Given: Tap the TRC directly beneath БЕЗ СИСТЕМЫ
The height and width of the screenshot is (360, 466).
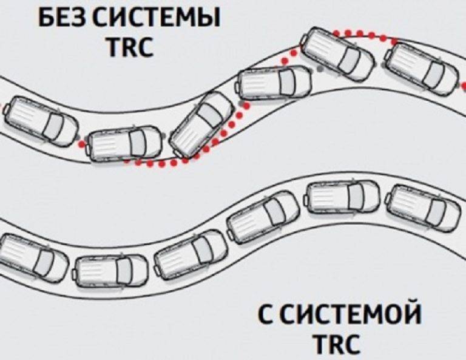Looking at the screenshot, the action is point(131,46).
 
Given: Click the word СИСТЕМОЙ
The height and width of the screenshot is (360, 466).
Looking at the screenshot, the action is point(351,314).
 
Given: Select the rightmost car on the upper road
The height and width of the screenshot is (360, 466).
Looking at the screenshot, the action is point(423,70).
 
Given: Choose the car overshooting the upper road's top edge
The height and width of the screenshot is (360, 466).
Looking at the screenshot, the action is point(337,54).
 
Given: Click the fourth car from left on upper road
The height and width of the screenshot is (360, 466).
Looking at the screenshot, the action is point(274,83).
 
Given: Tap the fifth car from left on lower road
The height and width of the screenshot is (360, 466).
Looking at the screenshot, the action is point(342,196).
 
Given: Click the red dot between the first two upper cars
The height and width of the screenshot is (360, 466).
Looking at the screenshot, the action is point(81,144).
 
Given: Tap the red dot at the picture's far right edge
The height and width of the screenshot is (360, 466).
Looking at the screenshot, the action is point(464,86).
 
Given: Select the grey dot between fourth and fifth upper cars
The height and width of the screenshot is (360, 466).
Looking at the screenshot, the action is point(320,69).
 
